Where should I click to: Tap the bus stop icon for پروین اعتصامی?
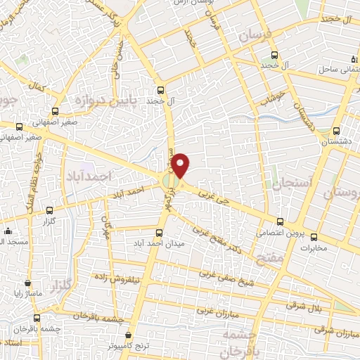[281, 220]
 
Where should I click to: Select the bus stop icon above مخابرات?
[314, 236]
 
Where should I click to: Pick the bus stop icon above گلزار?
[49, 210]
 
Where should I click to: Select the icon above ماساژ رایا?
[27, 274]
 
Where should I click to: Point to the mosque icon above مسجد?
[7, 231]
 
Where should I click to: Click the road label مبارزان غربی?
[213, 309]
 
